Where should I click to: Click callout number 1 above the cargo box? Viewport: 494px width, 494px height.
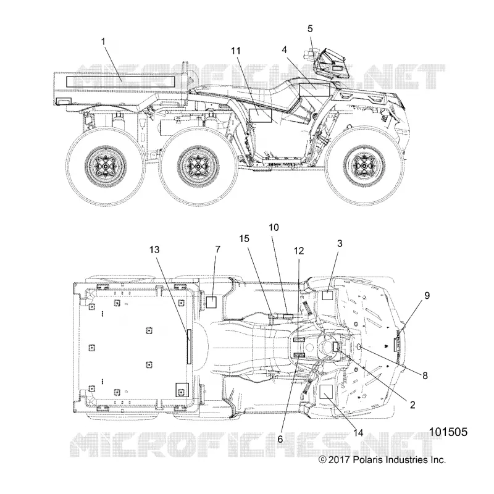coord(103,41)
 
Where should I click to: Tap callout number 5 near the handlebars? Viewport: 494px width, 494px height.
coord(310,28)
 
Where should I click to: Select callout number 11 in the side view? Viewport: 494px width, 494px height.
coord(236,51)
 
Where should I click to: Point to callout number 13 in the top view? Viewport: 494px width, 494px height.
coord(154,250)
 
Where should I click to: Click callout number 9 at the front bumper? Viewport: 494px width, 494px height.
coord(427,296)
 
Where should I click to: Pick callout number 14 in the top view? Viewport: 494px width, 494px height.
coord(358,433)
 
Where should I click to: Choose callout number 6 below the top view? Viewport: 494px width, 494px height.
coord(280,439)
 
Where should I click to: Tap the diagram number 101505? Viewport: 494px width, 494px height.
coord(448,432)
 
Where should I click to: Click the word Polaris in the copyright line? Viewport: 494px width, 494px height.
coord(366,460)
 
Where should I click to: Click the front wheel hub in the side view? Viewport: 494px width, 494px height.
coord(364,165)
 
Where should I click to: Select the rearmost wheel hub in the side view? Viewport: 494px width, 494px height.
coord(106,165)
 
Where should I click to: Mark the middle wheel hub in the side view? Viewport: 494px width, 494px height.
coord(198,166)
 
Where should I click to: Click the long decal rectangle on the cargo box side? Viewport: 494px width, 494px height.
coord(120,82)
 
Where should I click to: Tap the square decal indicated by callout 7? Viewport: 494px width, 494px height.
coord(211,302)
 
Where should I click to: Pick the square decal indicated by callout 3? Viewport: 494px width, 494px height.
coord(327,296)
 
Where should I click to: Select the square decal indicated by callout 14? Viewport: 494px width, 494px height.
coord(327,391)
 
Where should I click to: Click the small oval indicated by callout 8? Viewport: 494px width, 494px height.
coord(359,347)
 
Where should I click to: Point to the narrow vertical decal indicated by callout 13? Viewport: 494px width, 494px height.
coord(189,346)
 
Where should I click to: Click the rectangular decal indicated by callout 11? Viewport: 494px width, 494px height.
coord(260,115)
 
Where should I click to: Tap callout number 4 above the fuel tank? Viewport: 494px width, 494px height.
coord(284,50)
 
